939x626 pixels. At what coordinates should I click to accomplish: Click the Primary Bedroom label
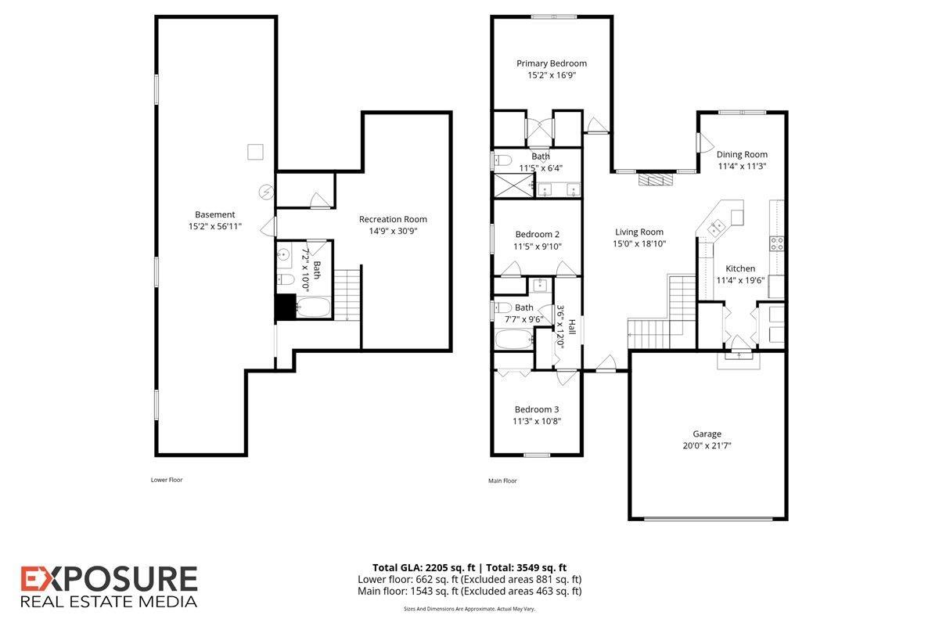(551, 63)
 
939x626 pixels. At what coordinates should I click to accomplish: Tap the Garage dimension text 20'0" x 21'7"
(706, 445)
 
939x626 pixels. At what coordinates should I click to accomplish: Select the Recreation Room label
(393, 219)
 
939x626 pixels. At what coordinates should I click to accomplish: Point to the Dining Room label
(742, 154)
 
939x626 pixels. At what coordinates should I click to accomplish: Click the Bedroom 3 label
(536, 409)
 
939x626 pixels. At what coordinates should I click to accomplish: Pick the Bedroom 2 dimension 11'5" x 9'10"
(538, 246)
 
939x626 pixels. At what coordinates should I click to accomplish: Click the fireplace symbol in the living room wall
(655, 179)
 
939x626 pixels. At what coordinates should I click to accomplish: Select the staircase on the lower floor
(347, 293)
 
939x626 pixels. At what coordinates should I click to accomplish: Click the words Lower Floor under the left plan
(167, 480)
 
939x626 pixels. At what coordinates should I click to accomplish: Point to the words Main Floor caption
(502, 480)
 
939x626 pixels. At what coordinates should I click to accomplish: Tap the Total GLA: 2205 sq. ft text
(422, 567)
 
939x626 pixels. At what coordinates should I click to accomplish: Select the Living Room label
(639, 232)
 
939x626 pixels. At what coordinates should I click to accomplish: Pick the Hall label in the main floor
(572, 326)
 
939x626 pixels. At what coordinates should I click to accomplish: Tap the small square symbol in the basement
(255, 152)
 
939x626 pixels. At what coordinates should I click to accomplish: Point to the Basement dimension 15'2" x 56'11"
(214, 226)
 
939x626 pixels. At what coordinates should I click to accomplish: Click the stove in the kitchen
(777, 243)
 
